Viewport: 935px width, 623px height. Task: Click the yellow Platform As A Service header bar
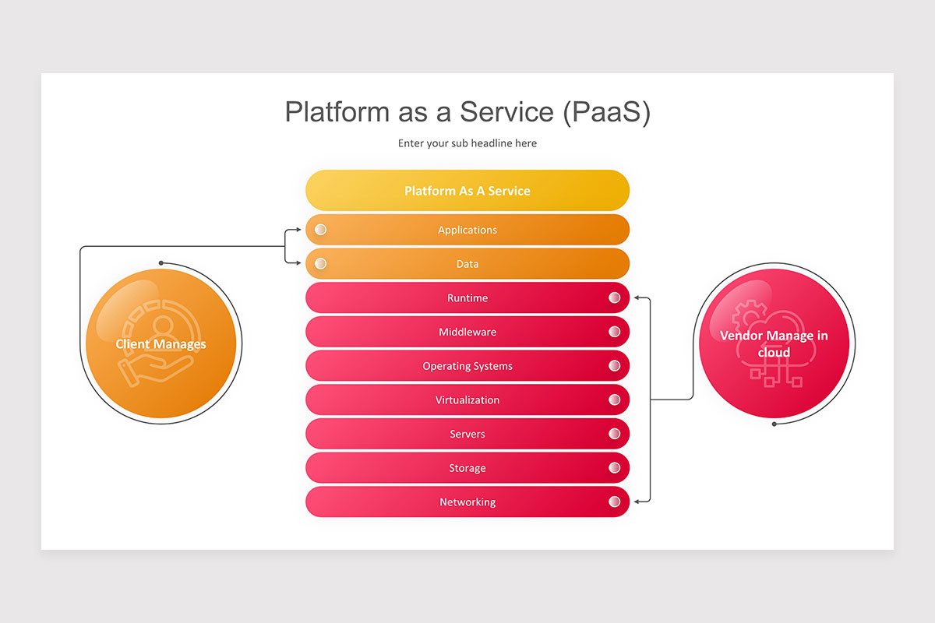tap(467, 190)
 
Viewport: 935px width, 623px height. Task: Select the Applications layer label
tap(467, 230)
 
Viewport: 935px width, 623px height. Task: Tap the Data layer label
tap(467, 264)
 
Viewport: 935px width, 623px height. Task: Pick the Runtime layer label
tap(467, 298)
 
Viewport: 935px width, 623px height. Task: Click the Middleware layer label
tap(467, 332)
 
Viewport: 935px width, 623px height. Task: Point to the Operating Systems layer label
tap(467, 366)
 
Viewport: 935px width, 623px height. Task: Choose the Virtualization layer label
tap(467, 399)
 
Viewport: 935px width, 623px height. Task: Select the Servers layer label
tap(467, 434)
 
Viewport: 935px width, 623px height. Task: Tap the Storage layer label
tap(467, 468)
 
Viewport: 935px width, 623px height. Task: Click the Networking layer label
tap(467, 502)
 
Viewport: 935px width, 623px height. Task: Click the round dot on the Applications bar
tap(320, 230)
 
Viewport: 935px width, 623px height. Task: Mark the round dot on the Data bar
tap(320, 264)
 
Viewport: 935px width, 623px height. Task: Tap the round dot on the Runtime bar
tap(614, 297)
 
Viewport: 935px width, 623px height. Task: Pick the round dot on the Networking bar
tap(614, 502)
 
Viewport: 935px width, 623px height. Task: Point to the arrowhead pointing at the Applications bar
tap(298, 230)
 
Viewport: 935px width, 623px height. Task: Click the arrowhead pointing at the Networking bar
tap(637, 502)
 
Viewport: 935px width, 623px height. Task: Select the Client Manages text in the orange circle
tap(161, 344)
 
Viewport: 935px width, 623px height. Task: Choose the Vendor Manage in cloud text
tap(774, 344)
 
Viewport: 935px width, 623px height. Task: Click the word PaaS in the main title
tap(606, 112)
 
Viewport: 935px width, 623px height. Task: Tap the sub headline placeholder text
tap(467, 143)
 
